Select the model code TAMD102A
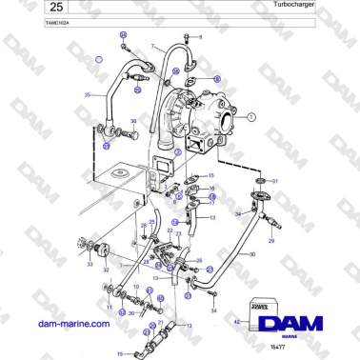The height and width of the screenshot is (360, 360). click(31, 25)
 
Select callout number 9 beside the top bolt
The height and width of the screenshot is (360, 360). click(200, 36)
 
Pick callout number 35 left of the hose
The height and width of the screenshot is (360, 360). click(88, 95)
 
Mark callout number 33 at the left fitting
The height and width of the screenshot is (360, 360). click(90, 266)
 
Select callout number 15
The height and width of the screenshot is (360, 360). click(211, 176)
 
